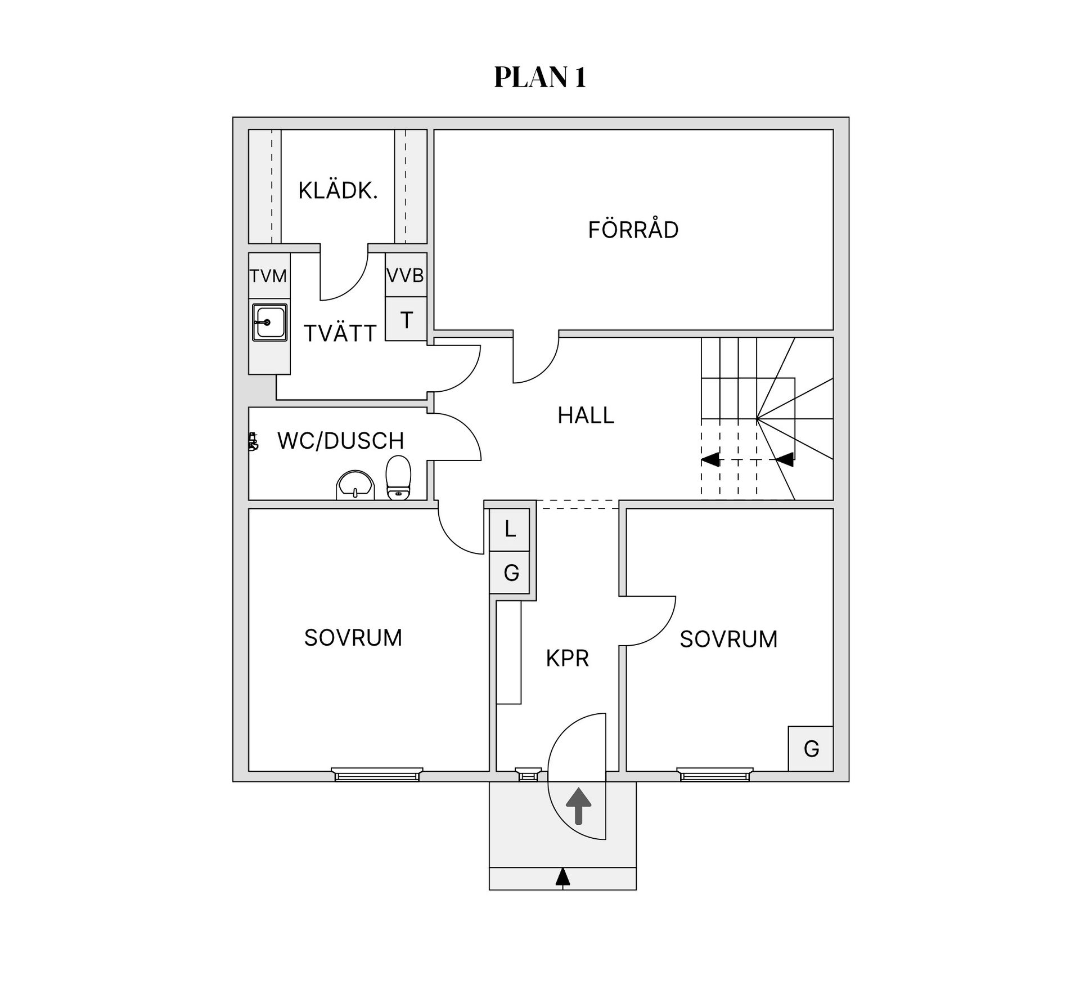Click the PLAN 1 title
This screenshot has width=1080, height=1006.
(x=540, y=77)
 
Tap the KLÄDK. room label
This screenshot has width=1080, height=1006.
(x=337, y=190)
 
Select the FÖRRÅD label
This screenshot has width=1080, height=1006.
(x=633, y=229)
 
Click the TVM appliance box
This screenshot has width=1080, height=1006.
(x=269, y=276)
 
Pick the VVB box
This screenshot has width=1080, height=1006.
(x=406, y=275)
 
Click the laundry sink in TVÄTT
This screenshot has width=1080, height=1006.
(x=270, y=323)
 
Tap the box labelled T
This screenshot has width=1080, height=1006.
(x=406, y=319)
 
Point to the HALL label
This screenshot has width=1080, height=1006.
(x=586, y=415)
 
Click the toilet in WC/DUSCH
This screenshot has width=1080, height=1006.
(x=398, y=477)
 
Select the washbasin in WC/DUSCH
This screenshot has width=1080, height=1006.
(x=355, y=485)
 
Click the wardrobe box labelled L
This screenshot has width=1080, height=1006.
(x=510, y=529)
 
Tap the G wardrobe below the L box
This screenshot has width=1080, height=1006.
(x=510, y=572)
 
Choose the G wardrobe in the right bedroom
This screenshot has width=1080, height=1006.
(x=811, y=748)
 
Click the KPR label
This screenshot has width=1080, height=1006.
(x=567, y=658)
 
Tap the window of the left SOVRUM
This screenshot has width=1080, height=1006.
(x=377, y=774)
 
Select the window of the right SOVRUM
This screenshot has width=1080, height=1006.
(x=714, y=774)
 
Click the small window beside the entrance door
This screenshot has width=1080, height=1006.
(x=528, y=774)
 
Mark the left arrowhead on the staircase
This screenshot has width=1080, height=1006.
(x=710, y=459)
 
